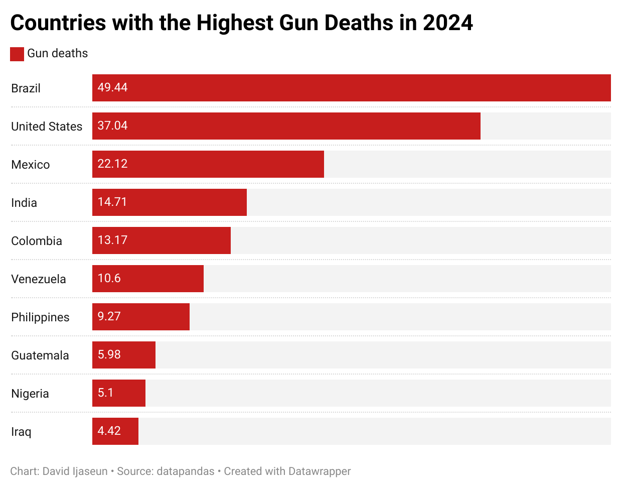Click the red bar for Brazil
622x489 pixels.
[x=351, y=88]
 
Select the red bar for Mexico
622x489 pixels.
[x=208, y=164]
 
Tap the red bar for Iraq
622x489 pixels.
[x=115, y=431]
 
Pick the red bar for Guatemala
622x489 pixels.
[x=124, y=355]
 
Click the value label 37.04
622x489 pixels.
[x=112, y=126]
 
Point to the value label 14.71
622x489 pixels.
[x=112, y=202]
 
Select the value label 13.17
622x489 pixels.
[x=112, y=240]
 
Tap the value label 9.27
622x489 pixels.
[x=109, y=316]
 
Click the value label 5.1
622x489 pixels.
[x=105, y=393]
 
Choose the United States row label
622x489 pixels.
[x=47, y=127]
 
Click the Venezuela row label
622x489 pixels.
[x=39, y=279]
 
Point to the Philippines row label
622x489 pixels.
[x=40, y=317]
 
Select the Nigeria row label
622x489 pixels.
[x=30, y=394]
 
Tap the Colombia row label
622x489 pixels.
[x=37, y=241]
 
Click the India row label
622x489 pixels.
[x=24, y=203]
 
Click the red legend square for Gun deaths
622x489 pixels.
[x=17, y=54]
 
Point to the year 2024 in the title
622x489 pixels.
[x=447, y=23]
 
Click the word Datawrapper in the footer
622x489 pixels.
[x=318, y=471]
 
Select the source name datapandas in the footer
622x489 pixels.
[x=186, y=471]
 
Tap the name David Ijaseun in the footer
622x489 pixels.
[x=75, y=471]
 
